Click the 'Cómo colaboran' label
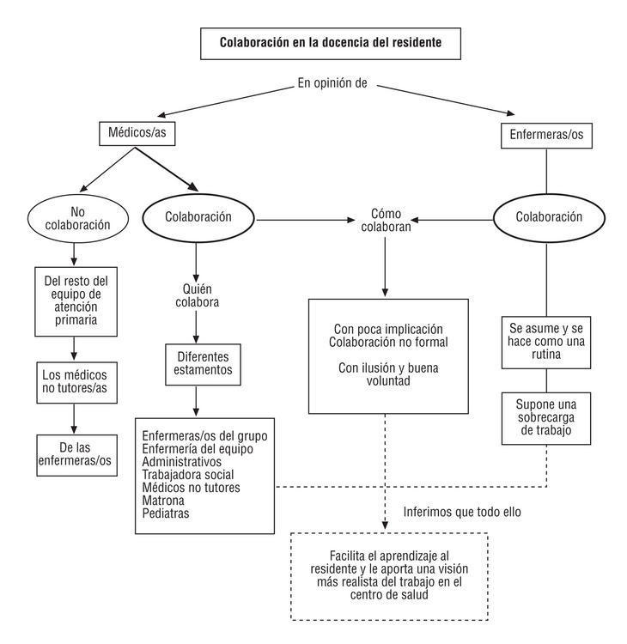(386, 222)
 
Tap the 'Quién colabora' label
(198, 295)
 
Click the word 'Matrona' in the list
(163, 501)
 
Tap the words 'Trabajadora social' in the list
(188, 474)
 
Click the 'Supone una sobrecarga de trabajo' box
(546, 418)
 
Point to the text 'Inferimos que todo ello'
(462, 513)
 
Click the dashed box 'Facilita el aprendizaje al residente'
(389, 575)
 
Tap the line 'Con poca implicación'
(388, 329)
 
